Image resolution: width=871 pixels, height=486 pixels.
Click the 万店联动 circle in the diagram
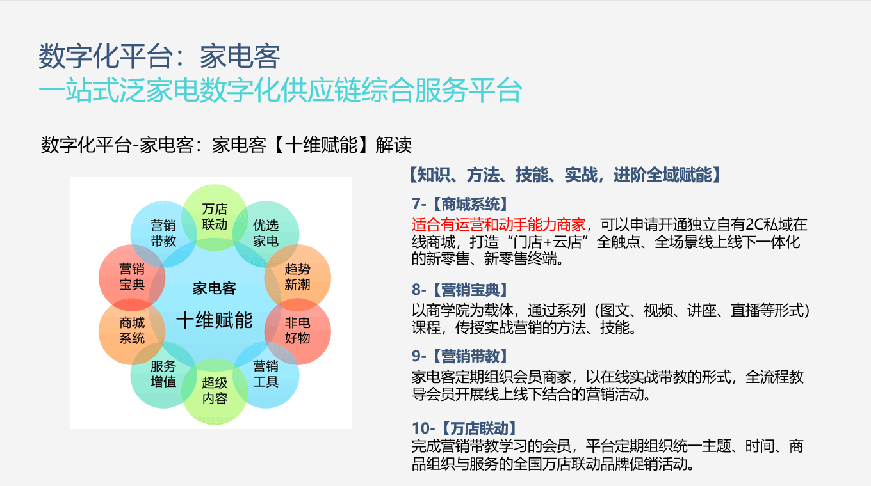[x=215, y=217]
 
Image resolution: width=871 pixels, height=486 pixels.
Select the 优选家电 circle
[x=266, y=234]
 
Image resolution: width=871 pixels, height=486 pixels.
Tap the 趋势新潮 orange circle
[x=297, y=278]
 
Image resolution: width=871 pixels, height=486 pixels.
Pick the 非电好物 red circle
[x=297, y=331]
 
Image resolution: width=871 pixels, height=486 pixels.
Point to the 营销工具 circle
[x=266, y=375]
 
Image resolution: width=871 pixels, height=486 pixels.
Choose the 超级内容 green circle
[x=215, y=391]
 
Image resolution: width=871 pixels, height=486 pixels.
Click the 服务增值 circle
[x=163, y=375]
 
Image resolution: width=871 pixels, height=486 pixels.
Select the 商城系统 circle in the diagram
[x=132, y=331]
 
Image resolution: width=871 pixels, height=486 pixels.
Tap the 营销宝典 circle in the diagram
[x=132, y=278]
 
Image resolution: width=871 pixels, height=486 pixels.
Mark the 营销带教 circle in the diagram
[x=163, y=234]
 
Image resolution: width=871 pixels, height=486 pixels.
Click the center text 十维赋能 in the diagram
[x=215, y=320]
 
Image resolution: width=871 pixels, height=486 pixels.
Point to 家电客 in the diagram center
[x=215, y=288]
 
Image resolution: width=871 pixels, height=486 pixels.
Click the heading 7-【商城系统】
[x=460, y=204]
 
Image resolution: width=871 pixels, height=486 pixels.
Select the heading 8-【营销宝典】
[x=460, y=290]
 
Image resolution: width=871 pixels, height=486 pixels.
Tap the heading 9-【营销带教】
[x=460, y=356]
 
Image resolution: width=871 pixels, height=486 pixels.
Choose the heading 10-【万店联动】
[x=464, y=428]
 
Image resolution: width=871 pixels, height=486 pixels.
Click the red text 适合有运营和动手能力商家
[x=498, y=224]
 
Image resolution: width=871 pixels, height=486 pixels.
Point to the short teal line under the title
[x=55, y=118]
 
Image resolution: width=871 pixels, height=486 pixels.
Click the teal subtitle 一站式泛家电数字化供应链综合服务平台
[x=280, y=90]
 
